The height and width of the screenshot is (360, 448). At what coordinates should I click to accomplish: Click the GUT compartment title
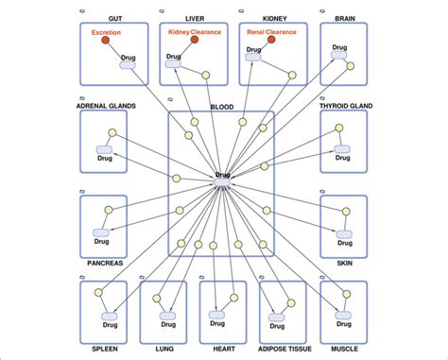(x=114, y=18)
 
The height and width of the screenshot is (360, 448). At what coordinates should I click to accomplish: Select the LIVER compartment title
(x=194, y=18)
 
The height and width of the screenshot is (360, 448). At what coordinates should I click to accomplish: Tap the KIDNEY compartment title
(x=273, y=18)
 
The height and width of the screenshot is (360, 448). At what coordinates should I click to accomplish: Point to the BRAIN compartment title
(x=344, y=18)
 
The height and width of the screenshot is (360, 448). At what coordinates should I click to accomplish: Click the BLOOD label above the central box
(x=221, y=107)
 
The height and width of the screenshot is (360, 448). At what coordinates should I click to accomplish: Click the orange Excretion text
(x=107, y=33)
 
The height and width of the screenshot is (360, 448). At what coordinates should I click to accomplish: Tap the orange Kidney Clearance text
(x=194, y=32)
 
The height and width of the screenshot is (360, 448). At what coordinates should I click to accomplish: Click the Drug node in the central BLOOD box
(x=223, y=177)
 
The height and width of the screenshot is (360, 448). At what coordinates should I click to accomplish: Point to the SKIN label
(x=344, y=264)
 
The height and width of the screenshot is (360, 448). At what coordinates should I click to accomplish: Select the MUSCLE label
(x=343, y=350)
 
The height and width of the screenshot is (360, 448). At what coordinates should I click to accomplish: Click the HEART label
(x=223, y=350)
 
